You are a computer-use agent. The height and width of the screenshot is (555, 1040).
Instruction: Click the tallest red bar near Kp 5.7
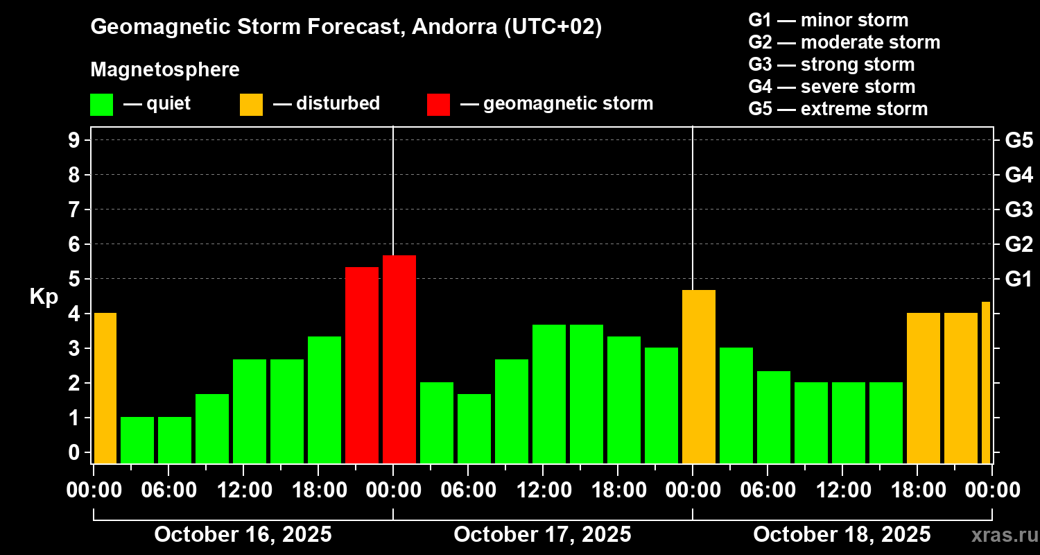point(399,359)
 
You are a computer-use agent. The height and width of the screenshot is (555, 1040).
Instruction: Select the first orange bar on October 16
point(105,388)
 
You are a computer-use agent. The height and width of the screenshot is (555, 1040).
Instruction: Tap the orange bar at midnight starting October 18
point(699,376)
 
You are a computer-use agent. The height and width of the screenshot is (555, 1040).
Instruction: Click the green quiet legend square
point(101,105)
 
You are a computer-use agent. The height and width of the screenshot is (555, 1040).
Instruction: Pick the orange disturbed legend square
point(251,105)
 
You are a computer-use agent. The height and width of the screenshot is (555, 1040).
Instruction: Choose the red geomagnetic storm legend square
point(438,105)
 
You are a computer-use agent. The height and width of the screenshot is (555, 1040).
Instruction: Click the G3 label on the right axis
point(1019,210)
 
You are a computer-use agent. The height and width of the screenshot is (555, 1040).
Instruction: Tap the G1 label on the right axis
point(1019,280)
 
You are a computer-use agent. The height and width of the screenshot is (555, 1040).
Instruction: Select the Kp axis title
point(44,297)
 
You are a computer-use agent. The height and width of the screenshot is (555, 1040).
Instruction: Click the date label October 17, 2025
point(542,534)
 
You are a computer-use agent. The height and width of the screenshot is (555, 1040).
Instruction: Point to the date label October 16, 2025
point(243,534)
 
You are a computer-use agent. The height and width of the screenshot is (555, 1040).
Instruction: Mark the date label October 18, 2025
point(842,534)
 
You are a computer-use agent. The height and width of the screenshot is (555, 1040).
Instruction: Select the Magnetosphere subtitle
point(165,70)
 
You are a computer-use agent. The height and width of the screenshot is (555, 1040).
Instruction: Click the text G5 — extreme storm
point(838,109)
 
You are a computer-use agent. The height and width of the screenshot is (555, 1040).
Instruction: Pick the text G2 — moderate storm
point(844,42)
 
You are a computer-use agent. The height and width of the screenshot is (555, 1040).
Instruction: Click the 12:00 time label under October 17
point(543,490)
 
